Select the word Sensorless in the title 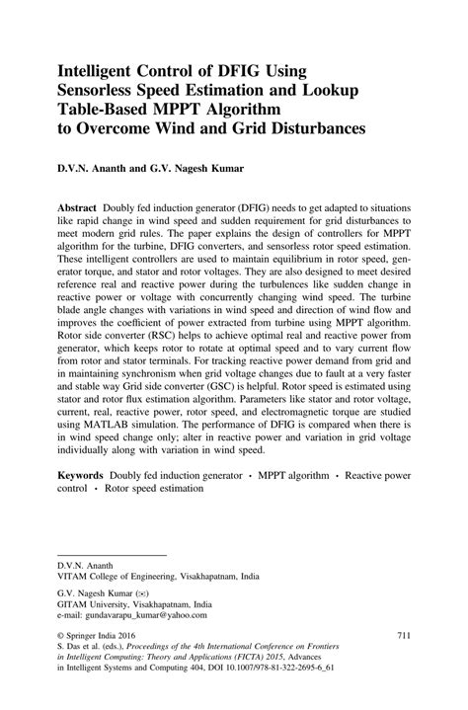pyautogui.click(x=104, y=90)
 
